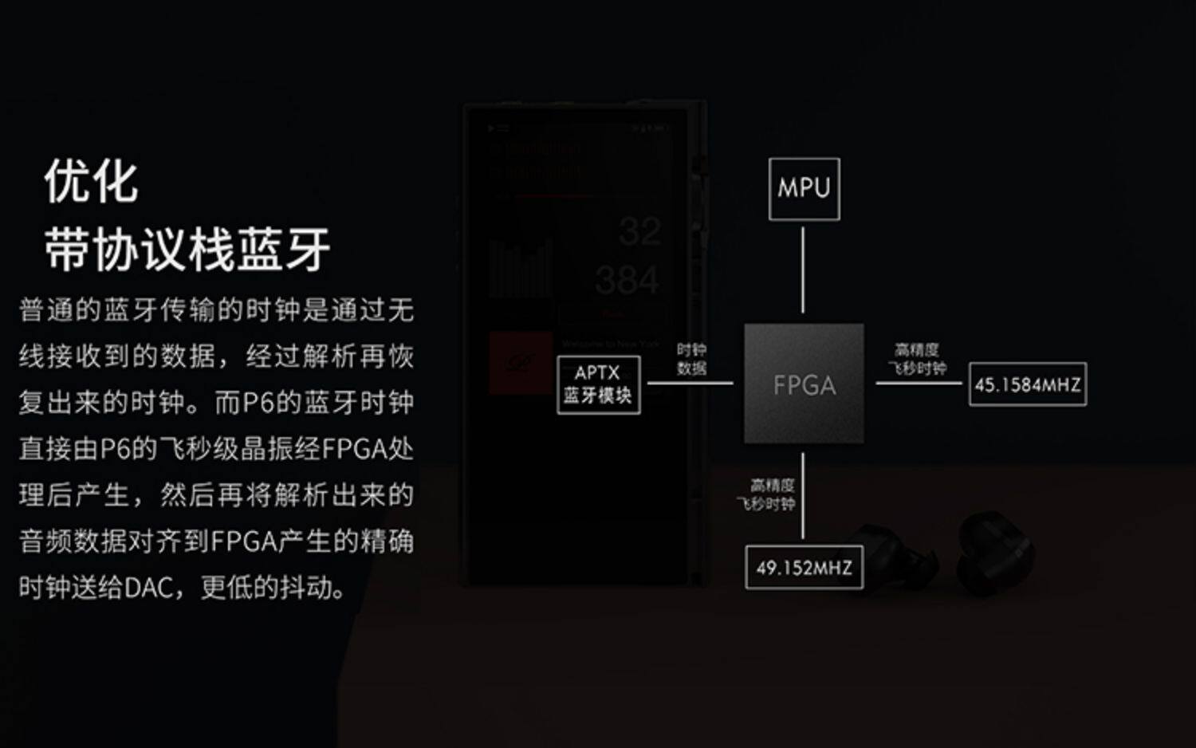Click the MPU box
click(804, 189)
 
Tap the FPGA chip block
click(804, 384)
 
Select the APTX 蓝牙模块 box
click(598, 384)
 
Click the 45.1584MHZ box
click(1027, 384)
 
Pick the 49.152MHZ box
click(804, 568)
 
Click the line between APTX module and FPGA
click(690, 383)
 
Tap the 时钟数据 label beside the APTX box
click(691, 359)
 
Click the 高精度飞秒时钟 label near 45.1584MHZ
click(917, 359)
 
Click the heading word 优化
click(92, 182)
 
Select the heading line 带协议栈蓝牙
click(187, 250)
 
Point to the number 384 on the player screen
click(627, 281)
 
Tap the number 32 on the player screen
click(639, 232)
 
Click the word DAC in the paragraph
click(149, 589)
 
